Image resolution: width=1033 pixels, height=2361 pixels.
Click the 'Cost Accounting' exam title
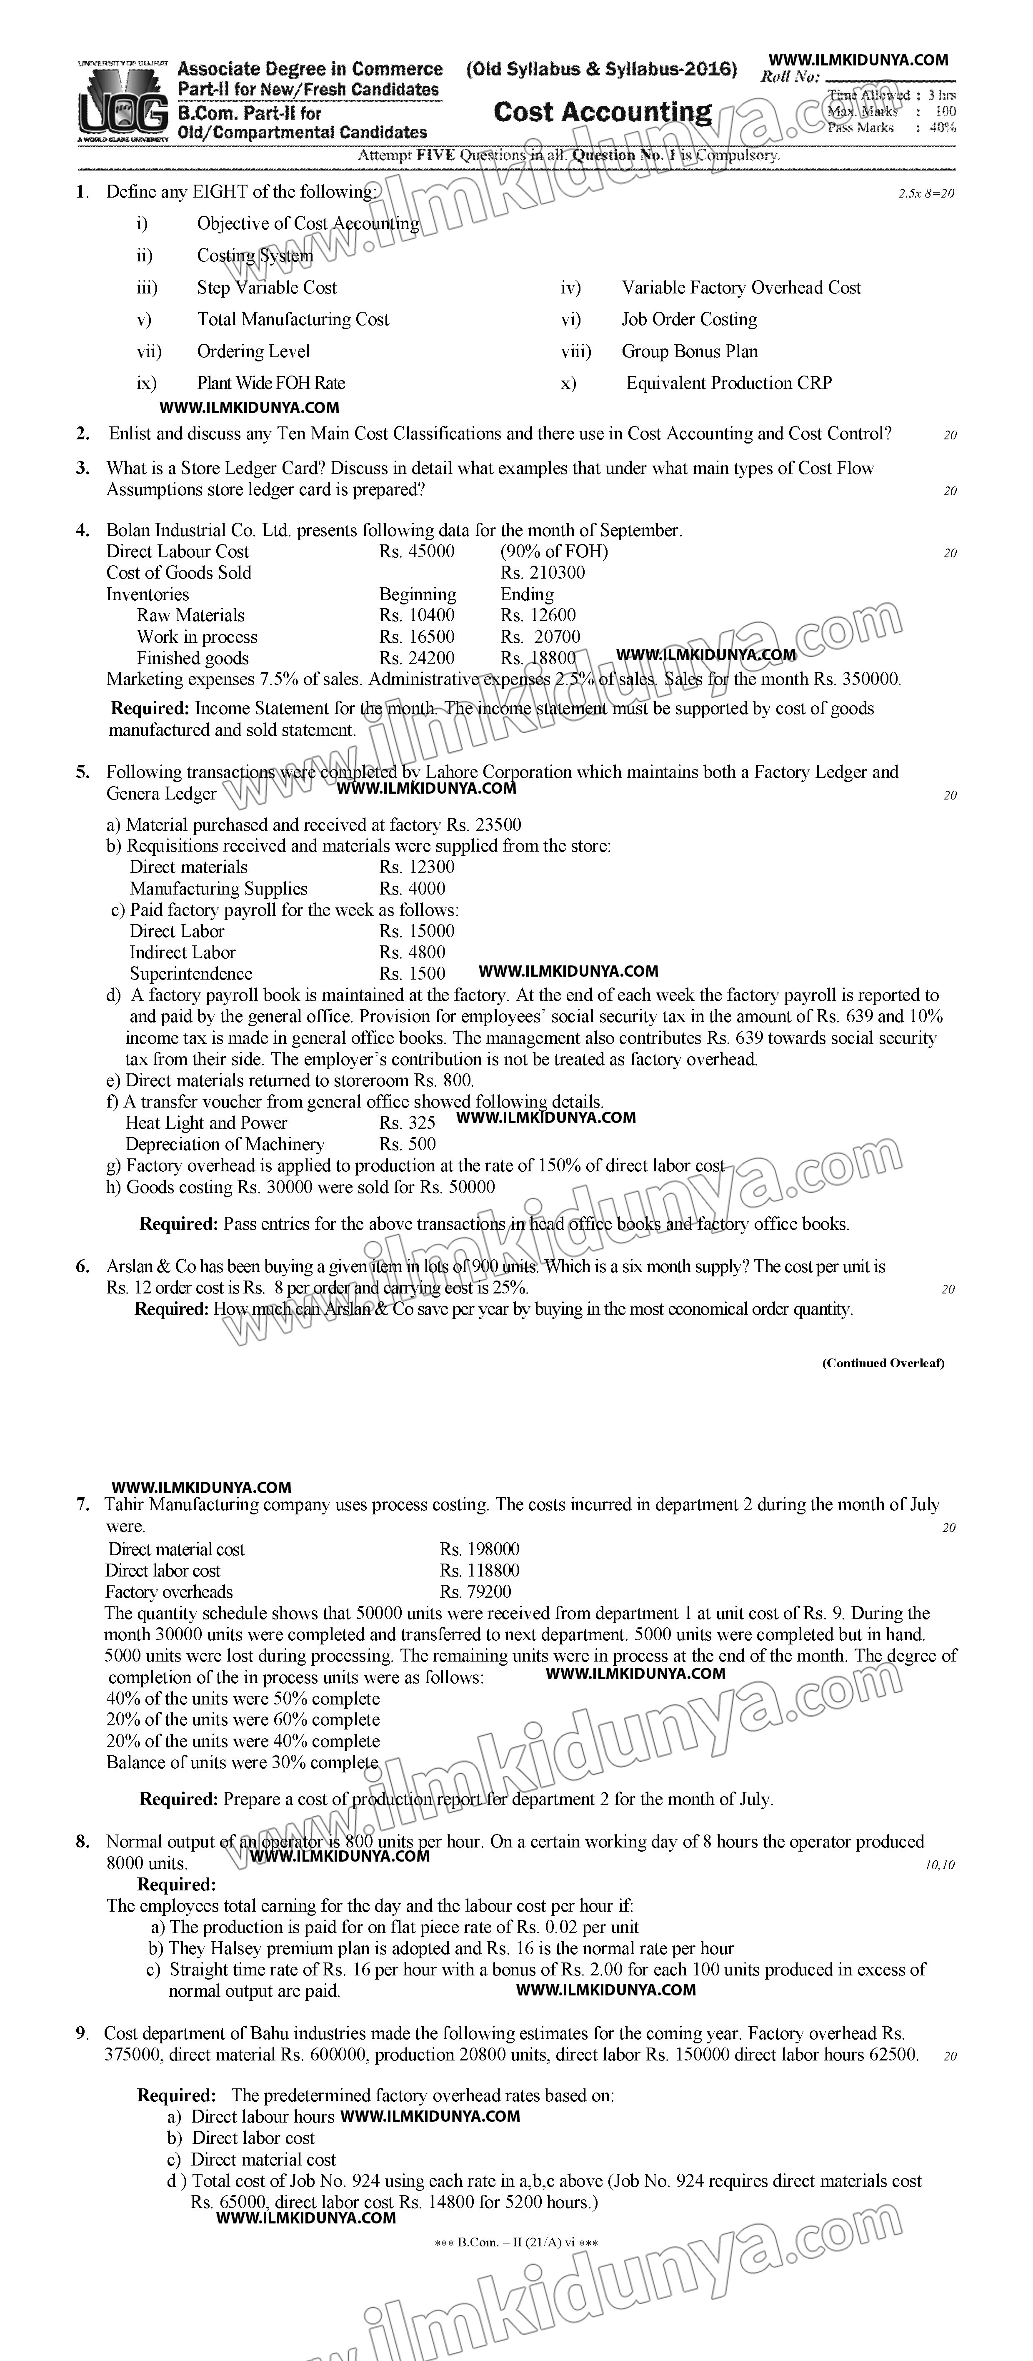pyautogui.click(x=602, y=113)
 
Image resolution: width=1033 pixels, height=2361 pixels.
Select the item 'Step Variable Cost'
pyautogui.click(x=267, y=288)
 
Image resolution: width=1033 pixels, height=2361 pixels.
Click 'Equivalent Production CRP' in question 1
pyautogui.click(x=729, y=383)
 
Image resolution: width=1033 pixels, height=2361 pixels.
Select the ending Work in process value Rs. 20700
pyautogui.click(x=540, y=637)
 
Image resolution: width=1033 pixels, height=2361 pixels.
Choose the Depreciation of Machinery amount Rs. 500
pyautogui.click(x=408, y=1145)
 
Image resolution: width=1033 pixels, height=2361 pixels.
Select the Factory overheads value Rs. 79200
pyautogui.click(x=476, y=1592)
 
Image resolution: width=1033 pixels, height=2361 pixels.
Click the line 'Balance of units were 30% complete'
pyautogui.click(x=242, y=1762)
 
